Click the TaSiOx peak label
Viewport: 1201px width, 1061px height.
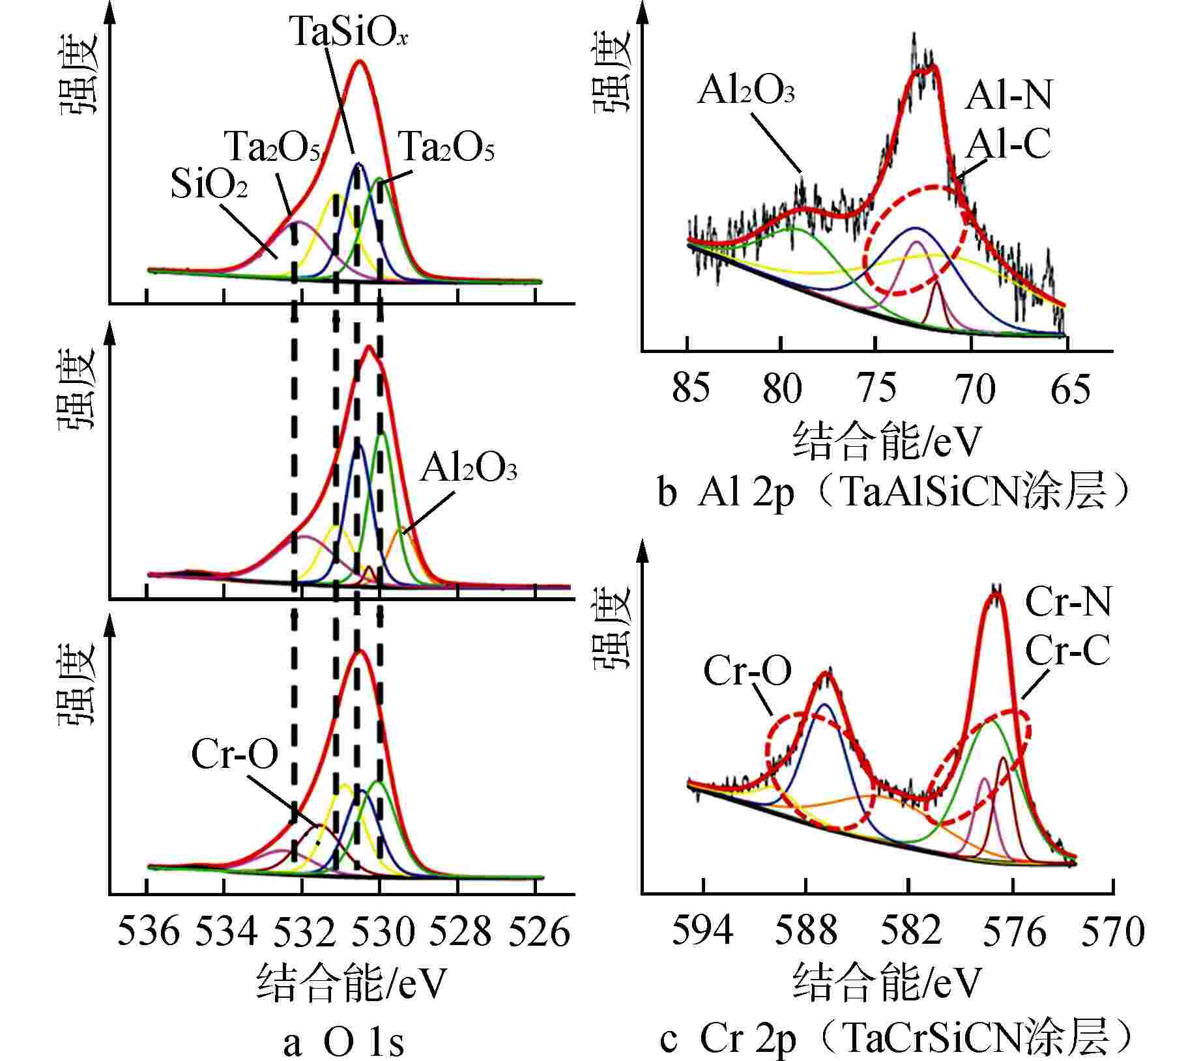click(x=349, y=31)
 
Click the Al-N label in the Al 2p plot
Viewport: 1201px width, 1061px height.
click(x=1008, y=96)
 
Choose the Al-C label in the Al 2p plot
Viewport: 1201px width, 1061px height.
click(x=1007, y=144)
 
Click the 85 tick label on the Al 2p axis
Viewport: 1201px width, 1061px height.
click(x=691, y=389)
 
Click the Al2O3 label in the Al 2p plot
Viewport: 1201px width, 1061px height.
click(x=745, y=91)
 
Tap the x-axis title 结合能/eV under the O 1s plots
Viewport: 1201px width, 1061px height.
click(x=352, y=983)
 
